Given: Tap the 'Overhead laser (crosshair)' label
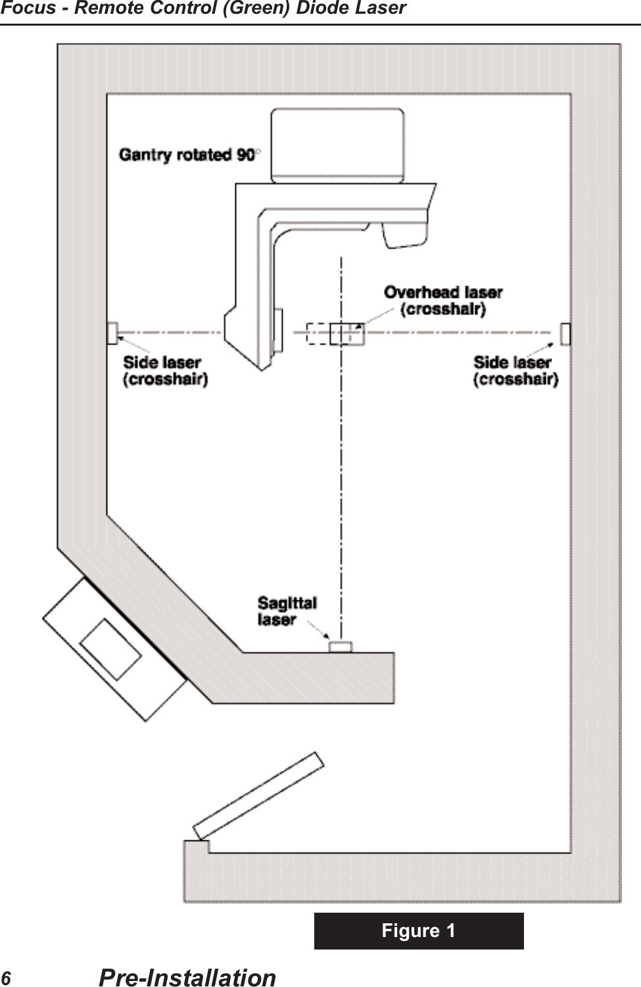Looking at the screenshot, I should [443, 301].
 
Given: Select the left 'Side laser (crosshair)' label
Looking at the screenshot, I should [165, 371].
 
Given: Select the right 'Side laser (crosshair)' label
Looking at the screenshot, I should [515, 371].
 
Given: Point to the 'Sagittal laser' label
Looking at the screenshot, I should [287, 612].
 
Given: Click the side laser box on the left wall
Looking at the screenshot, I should [112, 333].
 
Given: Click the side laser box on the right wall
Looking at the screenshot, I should [565, 333].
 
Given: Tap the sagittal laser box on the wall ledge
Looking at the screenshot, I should [341, 647].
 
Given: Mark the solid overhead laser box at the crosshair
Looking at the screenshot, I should [346, 334].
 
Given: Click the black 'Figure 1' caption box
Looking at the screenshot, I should [419, 930].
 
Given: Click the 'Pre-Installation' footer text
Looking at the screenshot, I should [187, 978].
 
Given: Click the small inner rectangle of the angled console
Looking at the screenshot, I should [110, 649].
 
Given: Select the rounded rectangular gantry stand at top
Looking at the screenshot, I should [337, 145].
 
